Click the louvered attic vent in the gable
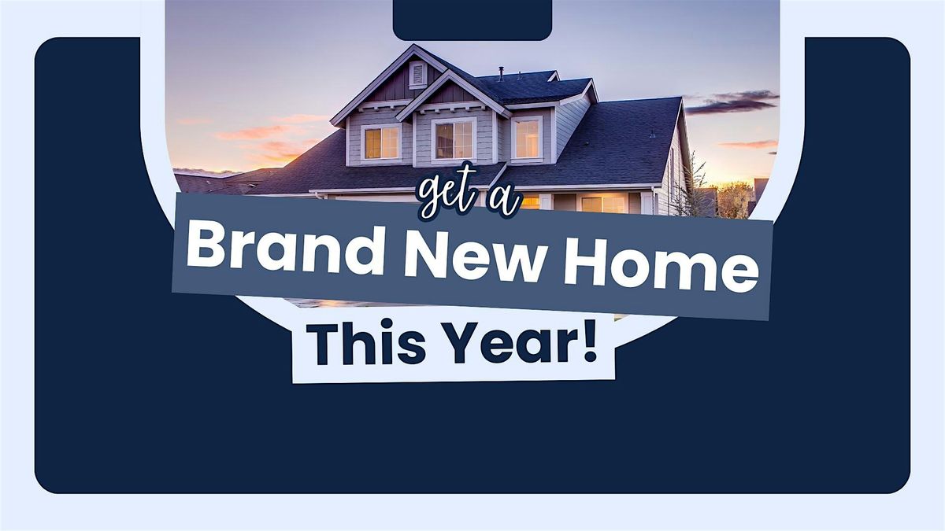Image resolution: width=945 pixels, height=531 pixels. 417,75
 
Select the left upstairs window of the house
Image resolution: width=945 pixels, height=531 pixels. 381,142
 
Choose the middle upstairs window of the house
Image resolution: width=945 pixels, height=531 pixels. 454,140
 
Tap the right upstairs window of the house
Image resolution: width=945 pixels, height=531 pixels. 527,138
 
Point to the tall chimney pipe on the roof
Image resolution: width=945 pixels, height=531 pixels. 501,73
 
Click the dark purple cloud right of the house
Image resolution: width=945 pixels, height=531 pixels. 732,102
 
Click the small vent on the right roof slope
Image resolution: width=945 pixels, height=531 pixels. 652,134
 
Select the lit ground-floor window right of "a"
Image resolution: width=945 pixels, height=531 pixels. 603,205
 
